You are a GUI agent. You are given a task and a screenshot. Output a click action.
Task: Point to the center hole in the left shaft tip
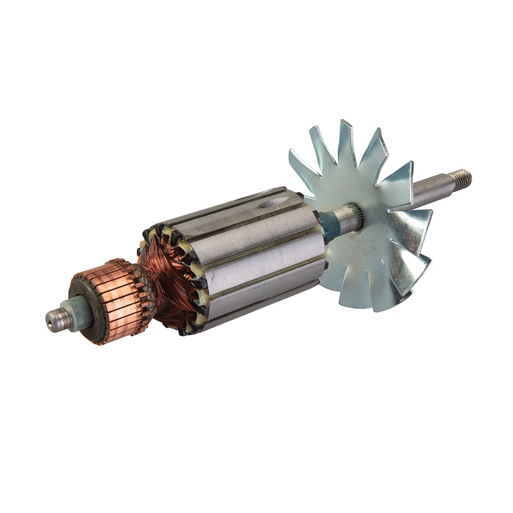click(50, 322)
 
